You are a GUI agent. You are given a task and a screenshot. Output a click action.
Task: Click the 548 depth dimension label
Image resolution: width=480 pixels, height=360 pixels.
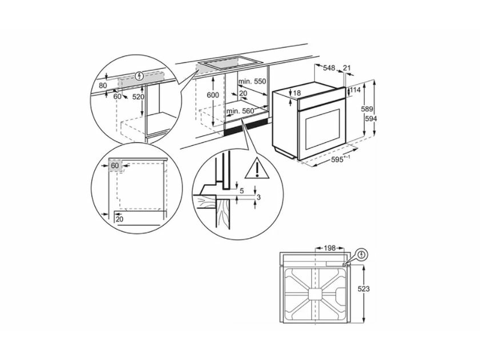tap(329, 68)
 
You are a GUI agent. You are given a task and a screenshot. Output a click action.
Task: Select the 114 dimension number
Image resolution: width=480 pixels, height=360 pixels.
tap(355, 91)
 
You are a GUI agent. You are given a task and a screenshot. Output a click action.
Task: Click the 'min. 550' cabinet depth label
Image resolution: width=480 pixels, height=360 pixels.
tap(252, 81)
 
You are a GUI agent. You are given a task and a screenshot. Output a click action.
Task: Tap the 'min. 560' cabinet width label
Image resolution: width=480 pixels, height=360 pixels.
tap(240, 112)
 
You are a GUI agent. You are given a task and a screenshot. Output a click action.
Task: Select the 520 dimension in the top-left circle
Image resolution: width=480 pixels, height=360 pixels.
tap(139, 97)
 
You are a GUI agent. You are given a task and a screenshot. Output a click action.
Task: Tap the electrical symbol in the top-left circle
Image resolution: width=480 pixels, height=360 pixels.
tap(140, 76)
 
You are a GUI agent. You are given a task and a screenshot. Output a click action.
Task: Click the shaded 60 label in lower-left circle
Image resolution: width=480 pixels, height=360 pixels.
tap(115, 165)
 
